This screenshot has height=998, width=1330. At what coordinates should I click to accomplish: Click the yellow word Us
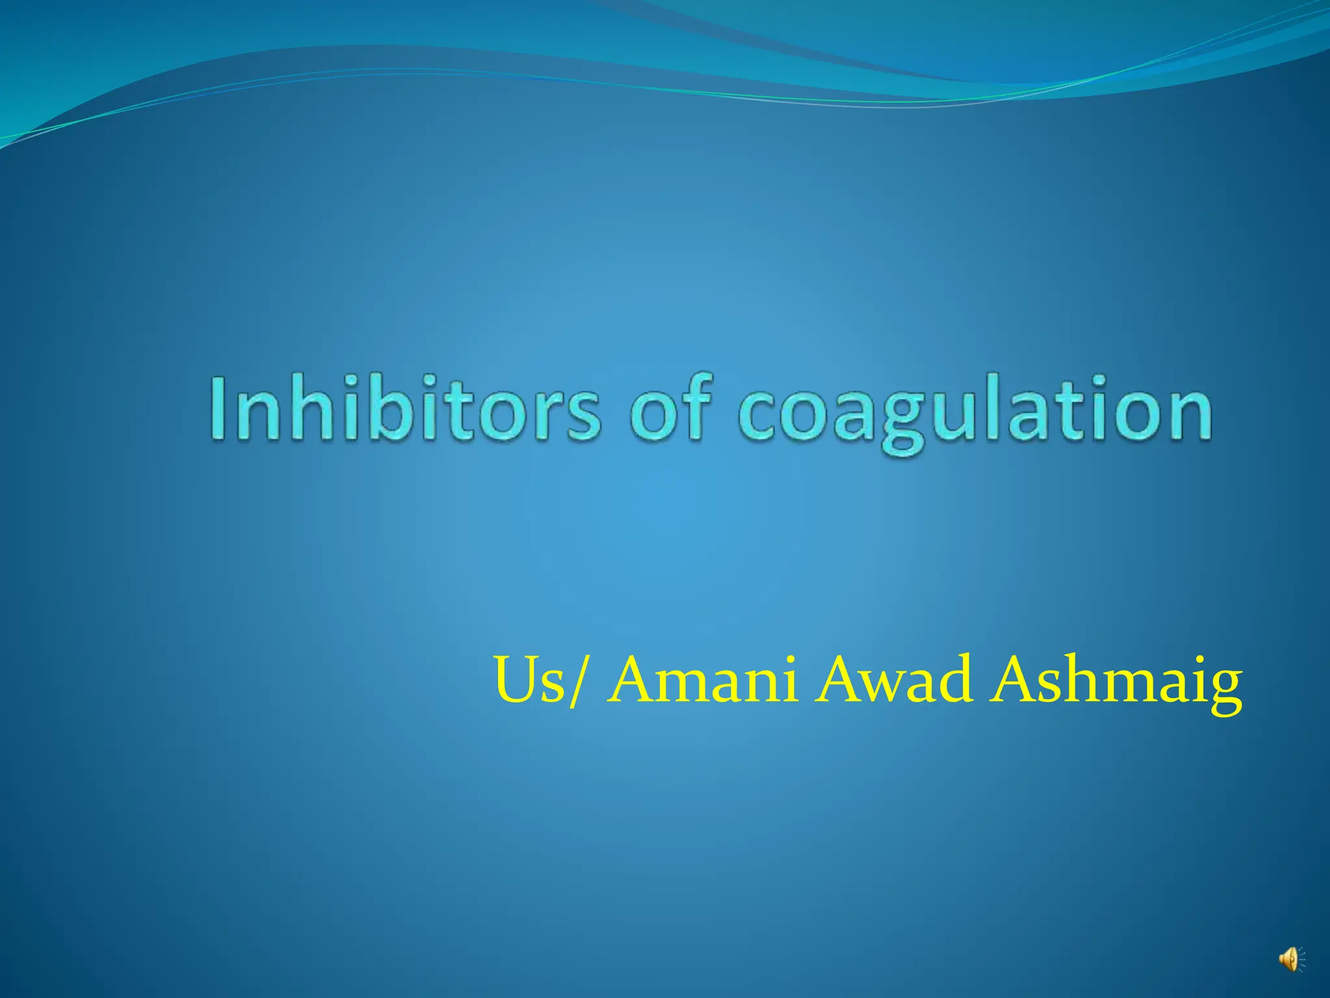pos(529,680)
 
